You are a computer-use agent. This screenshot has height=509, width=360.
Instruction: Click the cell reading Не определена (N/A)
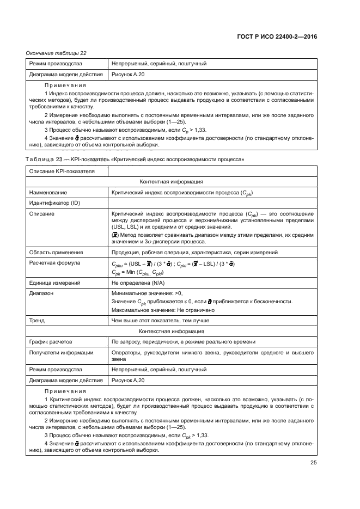137,283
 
